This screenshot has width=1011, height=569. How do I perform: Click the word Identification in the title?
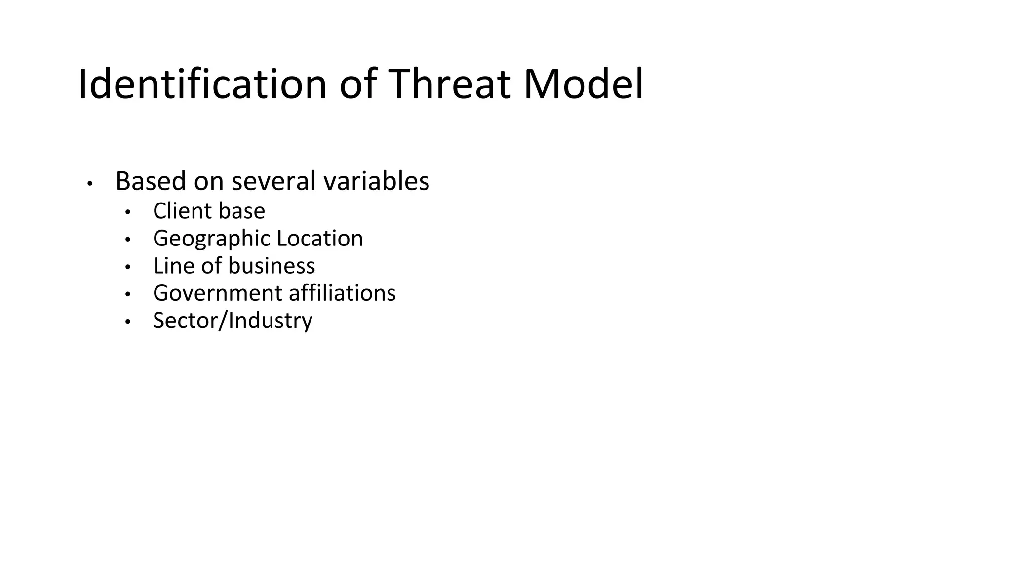tap(202, 84)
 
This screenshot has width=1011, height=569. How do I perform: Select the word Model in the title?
tap(583, 84)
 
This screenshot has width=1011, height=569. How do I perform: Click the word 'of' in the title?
tap(358, 84)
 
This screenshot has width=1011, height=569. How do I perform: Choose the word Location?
tap(320, 238)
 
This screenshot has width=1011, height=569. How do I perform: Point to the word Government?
tap(218, 293)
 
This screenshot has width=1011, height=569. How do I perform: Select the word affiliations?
tap(342, 293)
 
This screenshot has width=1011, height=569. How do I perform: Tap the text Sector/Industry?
tap(233, 321)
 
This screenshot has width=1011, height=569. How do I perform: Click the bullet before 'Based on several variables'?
tap(89, 184)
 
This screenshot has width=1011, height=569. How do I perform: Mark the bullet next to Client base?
tap(128, 212)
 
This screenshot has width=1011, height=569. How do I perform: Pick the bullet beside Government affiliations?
tap(128, 294)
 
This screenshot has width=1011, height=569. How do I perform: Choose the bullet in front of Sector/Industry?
tap(128, 322)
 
